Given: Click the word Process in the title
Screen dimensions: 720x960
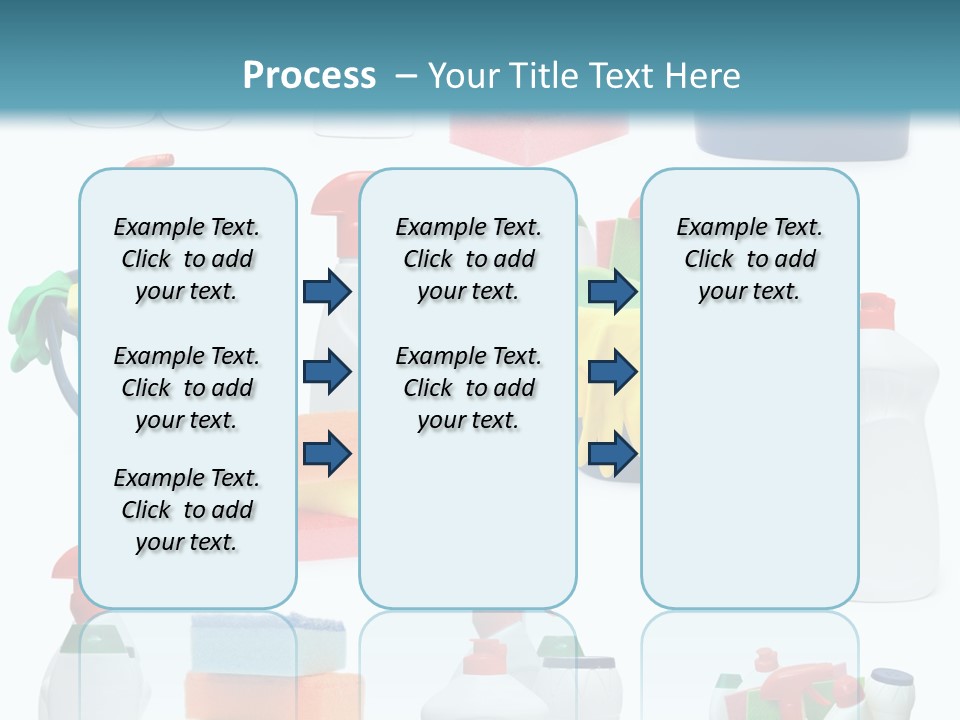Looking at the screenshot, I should point(309,75).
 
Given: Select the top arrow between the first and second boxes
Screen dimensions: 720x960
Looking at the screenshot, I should point(327,292).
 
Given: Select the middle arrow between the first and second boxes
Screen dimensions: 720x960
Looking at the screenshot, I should point(327,373).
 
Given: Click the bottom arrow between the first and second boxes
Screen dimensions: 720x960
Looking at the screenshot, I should point(327,455).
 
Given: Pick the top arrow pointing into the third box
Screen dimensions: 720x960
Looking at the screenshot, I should point(612,292).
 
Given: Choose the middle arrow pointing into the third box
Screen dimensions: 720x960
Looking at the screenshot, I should point(612,373).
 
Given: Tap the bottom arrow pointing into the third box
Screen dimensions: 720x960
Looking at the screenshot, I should point(612,455).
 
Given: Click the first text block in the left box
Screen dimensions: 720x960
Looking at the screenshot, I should point(187,260).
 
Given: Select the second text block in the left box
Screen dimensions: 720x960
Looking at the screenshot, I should point(187,388).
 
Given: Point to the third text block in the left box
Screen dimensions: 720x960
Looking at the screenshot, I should point(187,510).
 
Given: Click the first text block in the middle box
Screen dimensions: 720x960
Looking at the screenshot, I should point(468,260).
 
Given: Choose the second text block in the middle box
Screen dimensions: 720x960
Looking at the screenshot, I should point(468,388).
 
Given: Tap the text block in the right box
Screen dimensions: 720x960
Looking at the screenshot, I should point(749,260).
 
